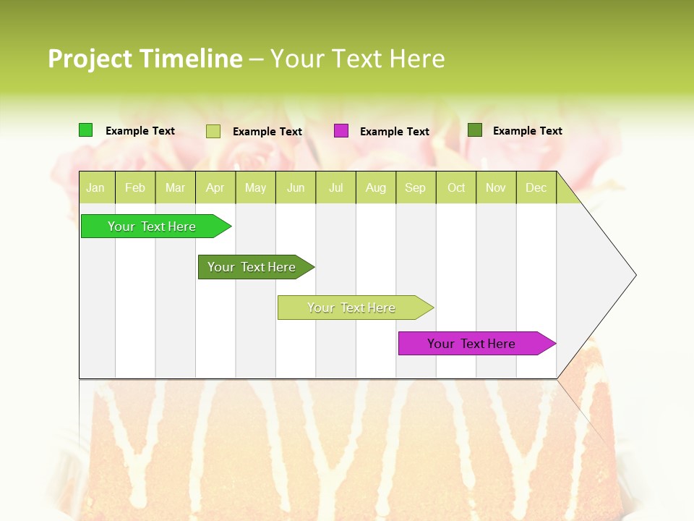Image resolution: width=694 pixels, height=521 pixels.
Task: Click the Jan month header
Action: point(95,187)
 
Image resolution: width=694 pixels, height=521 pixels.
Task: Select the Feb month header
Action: point(135,187)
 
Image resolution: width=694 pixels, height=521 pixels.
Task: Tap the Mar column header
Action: point(175,187)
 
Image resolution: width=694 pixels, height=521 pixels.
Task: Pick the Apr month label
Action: point(215,187)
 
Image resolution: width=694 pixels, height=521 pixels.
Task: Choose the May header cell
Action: point(255,187)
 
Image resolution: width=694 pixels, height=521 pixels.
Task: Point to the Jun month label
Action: point(296,187)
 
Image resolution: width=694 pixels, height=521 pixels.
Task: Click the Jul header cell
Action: point(336,187)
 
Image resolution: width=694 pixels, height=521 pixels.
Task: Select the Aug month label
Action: point(376,187)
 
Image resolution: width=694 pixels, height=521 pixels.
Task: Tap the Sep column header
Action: point(416,187)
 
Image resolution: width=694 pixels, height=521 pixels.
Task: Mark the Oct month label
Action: point(456,187)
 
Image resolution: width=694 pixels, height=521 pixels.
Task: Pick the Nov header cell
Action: point(496,187)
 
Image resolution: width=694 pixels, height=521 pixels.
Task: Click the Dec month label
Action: point(536,187)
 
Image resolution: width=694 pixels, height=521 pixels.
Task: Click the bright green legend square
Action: point(86,130)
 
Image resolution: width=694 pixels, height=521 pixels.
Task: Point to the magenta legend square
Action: point(341,131)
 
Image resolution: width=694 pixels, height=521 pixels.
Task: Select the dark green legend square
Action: point(475,130)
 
